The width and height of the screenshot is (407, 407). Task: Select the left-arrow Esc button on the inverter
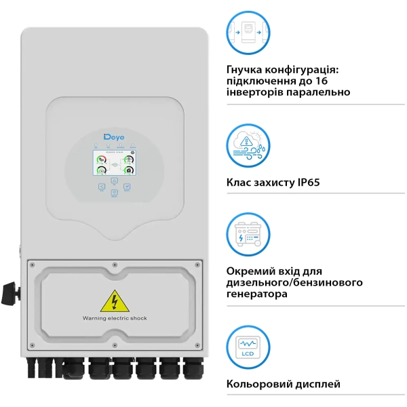click(102, 186)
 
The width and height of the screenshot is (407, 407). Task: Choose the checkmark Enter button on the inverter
click(126, 186)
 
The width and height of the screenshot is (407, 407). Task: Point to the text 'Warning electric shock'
click(114, 317)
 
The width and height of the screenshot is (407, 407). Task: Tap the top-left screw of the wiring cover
click(31, 264)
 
